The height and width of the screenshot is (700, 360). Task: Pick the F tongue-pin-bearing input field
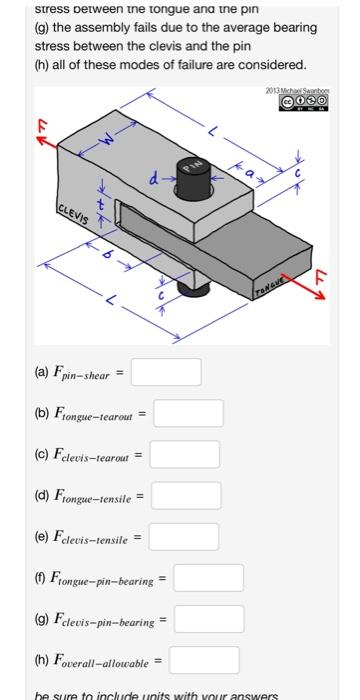click(209, 578)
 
